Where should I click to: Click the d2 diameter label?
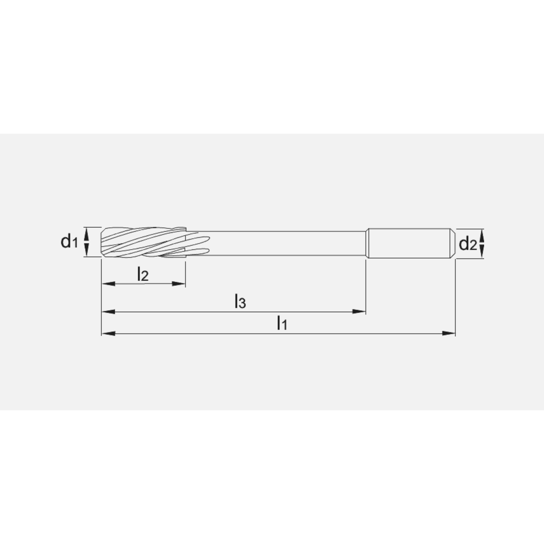(467, 245)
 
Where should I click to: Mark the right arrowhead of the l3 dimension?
(360, 312)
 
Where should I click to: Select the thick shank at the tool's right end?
(408, 242)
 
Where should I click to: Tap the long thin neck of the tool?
(283, 242)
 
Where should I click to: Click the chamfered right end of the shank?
(452, 242)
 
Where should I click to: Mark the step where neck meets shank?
(367, 242)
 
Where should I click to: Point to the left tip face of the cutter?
(102, 242)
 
